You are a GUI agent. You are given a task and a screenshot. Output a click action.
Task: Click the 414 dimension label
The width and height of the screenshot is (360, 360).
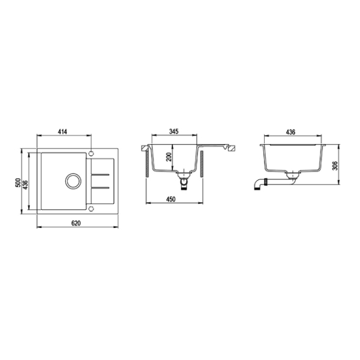(x=62, y=132)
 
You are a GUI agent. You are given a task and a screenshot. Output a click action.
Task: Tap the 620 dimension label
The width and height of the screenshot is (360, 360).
(x=76, y=223)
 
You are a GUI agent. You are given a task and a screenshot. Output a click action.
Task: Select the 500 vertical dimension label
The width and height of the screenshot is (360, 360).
(x=18, y=183)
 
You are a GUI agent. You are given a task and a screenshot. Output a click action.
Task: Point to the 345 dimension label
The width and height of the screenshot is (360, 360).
(x=174, y=131)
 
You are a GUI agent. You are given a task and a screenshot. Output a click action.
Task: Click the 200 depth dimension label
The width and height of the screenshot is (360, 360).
(x=169, y=157)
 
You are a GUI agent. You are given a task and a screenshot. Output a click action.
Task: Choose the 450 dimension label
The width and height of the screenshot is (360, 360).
(x=170, y=199)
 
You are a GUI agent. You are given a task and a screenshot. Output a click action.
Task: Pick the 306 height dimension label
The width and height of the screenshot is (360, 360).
(x=335, y=166)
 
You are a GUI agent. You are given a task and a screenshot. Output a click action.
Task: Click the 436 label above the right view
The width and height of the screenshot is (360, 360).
(x=290, y=132)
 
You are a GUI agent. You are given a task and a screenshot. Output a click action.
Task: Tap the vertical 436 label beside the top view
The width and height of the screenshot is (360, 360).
(x=25, y=185)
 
